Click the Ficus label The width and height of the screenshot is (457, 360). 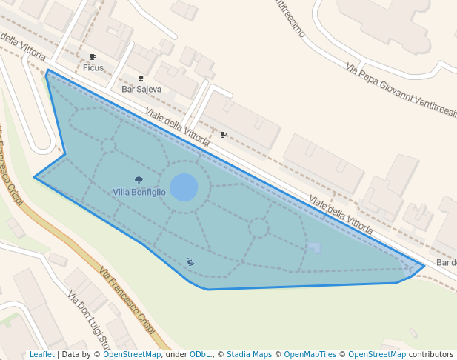pos(93,68)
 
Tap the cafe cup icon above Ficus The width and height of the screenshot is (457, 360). pos(93,57)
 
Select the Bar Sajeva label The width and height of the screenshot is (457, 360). pos(141,89)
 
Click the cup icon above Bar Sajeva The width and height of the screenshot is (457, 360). pos(141,78)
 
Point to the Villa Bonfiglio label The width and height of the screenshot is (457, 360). pos(139,192)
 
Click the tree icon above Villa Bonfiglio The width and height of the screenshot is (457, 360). pos(139,180)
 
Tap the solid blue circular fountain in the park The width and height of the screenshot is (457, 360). pos(184,187)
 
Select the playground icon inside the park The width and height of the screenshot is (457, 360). pos(190,261)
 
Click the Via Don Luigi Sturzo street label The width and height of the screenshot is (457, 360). pos(89,320)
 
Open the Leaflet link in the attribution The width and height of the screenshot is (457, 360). pos(41,355)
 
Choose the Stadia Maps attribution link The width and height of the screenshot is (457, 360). pos(249,355)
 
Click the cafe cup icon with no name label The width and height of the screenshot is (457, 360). pos(223,135)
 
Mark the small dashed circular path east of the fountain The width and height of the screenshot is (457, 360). pos(258,227)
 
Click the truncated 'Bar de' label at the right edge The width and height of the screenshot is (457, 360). pos(446,263)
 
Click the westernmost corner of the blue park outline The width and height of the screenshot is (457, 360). pos(35,177)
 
